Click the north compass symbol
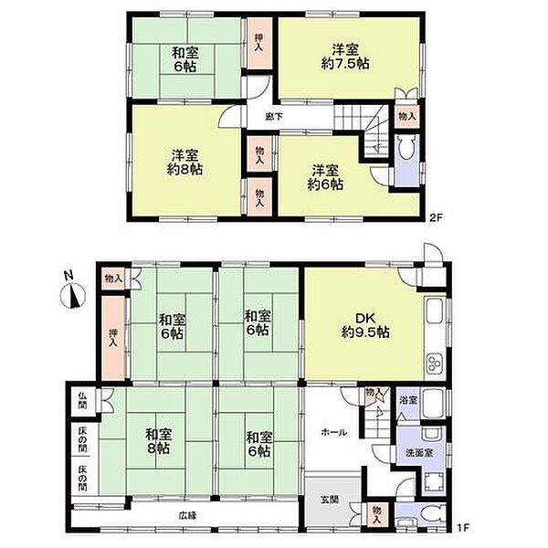(73, 293)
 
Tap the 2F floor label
(437, 217)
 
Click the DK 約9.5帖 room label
(365, 325)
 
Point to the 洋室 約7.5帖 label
(345, 57)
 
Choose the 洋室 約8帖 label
(184, 163)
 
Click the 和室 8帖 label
(159, 442)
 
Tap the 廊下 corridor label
(274, 117)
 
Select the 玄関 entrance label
(330, 500)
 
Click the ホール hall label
(334, 433)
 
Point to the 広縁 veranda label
(188, 515)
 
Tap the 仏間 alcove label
(82, 401)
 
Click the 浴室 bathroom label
(408, 400)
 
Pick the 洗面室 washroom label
(419, 453)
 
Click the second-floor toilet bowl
(406, 150)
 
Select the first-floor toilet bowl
(432, 514)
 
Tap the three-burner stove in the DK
(434, 364)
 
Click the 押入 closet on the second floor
(258, 43)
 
